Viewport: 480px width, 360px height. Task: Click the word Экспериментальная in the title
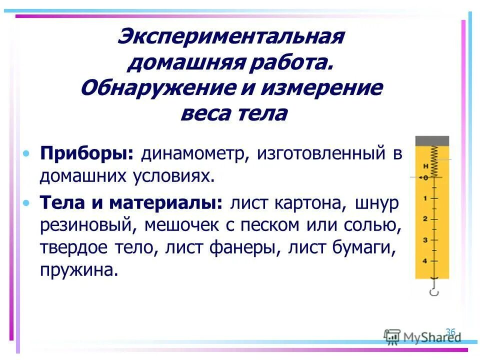[230, 38]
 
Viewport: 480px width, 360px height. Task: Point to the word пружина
[79, 270]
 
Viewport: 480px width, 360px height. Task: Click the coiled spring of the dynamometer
[433, 160]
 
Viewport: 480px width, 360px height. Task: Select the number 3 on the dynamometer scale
[425, 240]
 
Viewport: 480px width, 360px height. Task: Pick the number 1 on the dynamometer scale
[425, 198]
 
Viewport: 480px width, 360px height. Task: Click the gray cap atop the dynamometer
[432, 141]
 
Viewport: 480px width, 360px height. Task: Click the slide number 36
[450, 331]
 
